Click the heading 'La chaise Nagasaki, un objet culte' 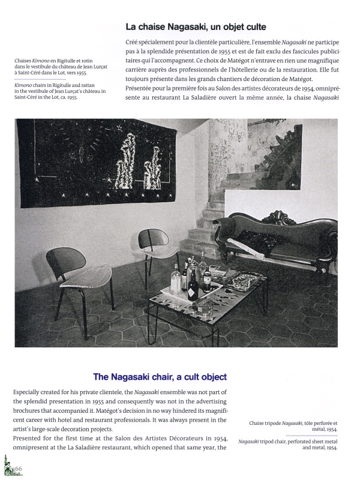click(x=196, y=27)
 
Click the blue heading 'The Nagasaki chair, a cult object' click(x=160, y=377)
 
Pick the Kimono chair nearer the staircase click(x=159, y=246)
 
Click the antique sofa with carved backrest click(x=276, y=240)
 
